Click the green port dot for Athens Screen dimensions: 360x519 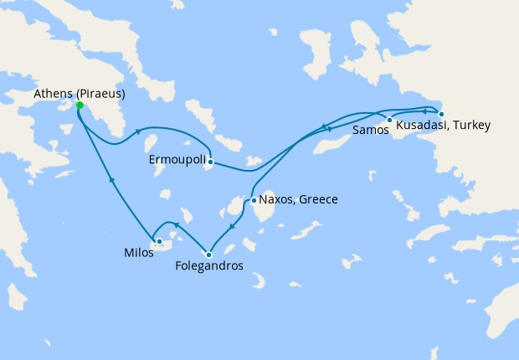pos(80,105)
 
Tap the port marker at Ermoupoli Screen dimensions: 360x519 pos(211,162)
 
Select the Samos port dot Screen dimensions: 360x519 pos(390,120)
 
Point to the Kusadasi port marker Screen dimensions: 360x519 pos(442,114)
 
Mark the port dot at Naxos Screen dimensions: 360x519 pos(254,200)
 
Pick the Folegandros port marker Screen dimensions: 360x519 pos(209,255)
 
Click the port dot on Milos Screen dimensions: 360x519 pos(159,241)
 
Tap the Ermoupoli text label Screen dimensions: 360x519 pos(177,159)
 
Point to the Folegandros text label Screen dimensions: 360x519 pos(209,266)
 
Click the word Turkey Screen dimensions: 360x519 pos(472,126)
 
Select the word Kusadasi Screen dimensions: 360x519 pos(423,126)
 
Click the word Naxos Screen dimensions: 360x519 pos(276,200)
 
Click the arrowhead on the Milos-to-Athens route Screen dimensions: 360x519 pos(110,179)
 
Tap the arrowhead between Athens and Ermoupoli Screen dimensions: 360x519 pos(136,132)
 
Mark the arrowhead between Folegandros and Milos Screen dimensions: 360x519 pos(176,224)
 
